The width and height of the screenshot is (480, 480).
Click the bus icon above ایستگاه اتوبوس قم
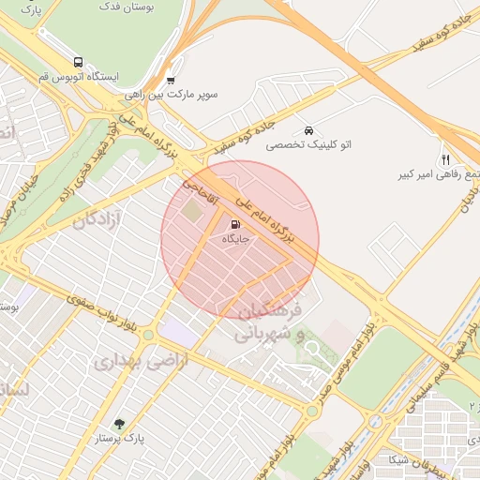pyautogui.click(x=77, y=58)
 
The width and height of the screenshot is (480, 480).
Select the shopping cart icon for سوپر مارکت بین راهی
pyautogui.click(x=170, y=80)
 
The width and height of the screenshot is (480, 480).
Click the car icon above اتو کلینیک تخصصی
pyautogui.click(x=308, y=129)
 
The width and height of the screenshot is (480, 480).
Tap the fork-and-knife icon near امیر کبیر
pyautogui.click(x=444, y=159)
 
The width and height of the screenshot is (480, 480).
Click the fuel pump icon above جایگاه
pyautogui.click(x=233, y=224)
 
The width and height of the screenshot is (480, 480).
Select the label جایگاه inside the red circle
pyautogui.click(x=234, y=240)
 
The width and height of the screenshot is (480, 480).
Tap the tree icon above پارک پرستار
pyautogui.click(x=118, y=424)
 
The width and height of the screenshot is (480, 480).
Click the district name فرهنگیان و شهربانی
pyautogui.click(x=267, y=322)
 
